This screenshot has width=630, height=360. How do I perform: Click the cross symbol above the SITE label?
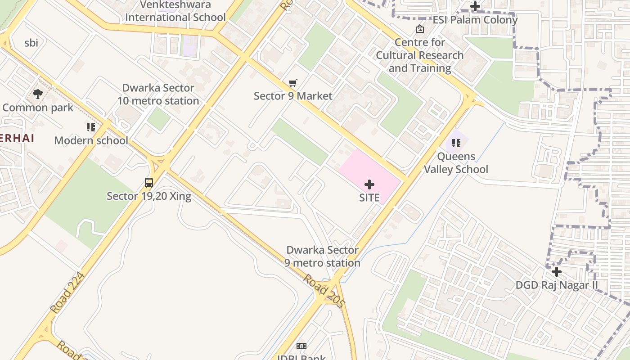click(x=369, y=184)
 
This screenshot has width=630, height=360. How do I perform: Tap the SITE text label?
click(x=369, y=198)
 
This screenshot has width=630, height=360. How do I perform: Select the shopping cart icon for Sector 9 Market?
click(x=293, y=83)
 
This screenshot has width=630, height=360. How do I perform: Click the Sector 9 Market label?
click(x=293, y=96)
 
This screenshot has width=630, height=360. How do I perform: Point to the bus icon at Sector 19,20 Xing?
click(x=149, y=183)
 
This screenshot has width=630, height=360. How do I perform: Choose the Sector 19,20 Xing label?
click(x=149, y=196)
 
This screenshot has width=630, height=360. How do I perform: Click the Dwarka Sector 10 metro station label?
click(x=158, y=94)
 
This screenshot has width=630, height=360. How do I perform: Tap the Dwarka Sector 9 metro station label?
click(x=322, y=256)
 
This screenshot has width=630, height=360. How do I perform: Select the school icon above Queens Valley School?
click(x=456, y=143)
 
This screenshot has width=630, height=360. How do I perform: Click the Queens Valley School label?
click(x=456, y=163)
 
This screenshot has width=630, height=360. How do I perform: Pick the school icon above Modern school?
click(x=91, y=127)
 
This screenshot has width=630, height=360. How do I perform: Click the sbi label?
click(x=31, y=43)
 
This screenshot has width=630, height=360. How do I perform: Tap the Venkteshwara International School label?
click(x=175, y=11)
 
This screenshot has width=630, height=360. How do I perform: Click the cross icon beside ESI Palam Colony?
click(x=475, y=7)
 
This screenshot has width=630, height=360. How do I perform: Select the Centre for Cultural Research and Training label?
click(x=420, y=55)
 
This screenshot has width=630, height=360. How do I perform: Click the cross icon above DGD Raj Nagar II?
click(x=557, y=272)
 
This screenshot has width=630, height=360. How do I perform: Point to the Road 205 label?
click(x=324, y=291)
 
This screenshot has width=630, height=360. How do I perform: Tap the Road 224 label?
click(x=67, y=293)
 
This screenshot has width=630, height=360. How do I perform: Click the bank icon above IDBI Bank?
click(x=301, y=346)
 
